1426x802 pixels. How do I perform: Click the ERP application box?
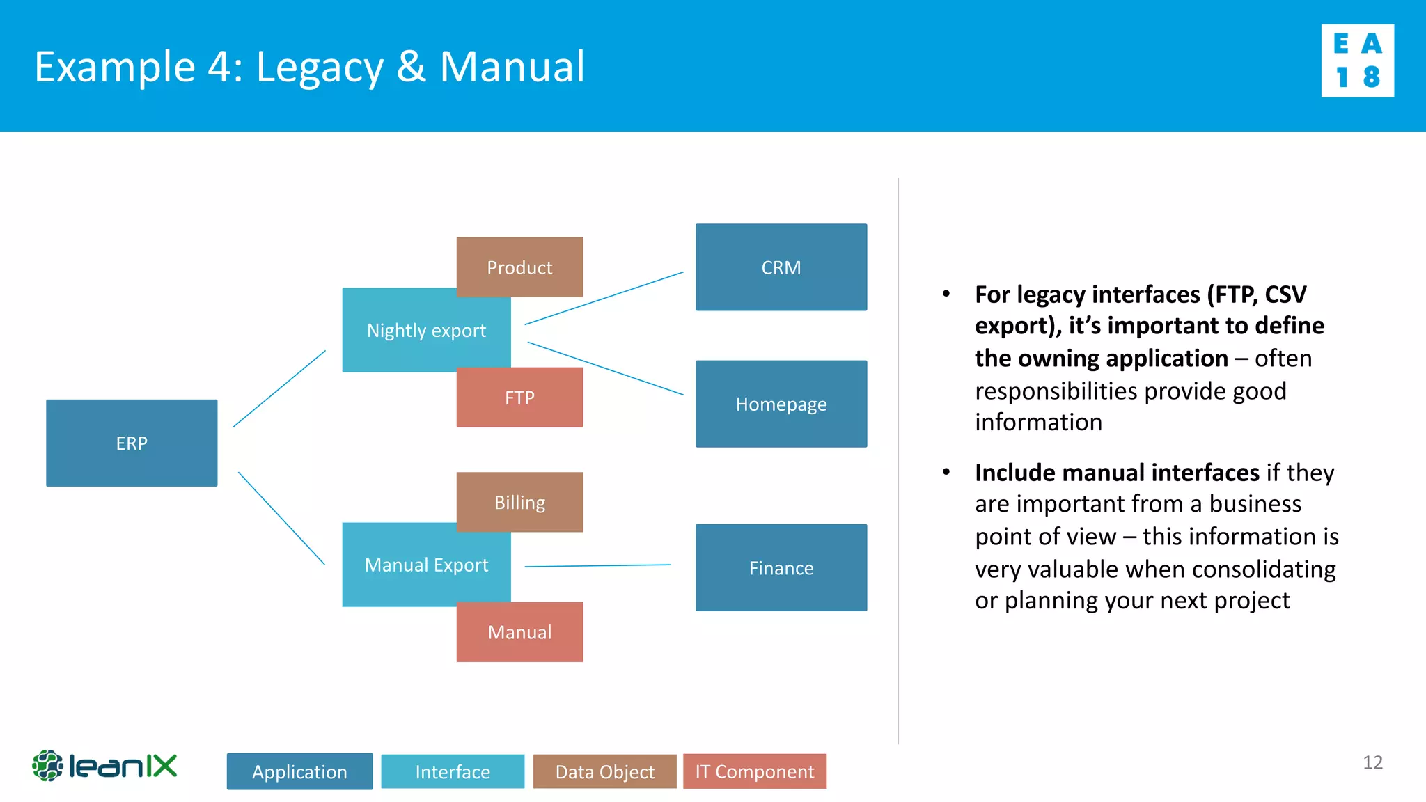(x=132, y=443)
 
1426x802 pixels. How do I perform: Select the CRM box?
(x=781, y=267)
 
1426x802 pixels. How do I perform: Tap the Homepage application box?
(x=781, y=404)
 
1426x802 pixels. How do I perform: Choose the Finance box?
(x=781, y=567)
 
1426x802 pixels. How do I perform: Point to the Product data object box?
(x=519, y=267)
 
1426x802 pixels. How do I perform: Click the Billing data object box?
(x=519, y=501)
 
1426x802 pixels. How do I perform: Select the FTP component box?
(x=519, y=398)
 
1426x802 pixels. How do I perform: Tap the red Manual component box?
(x=519, y=632)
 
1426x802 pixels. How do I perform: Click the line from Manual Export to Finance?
(x=597, y=565)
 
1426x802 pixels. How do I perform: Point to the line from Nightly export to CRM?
(x=604, y=298)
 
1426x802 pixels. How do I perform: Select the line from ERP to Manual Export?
(x=281, y=518)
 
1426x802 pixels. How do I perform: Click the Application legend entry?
(x=299, y=771)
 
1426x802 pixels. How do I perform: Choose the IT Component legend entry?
(x=755, y=771)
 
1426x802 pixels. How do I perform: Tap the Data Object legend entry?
(x=604, y=771)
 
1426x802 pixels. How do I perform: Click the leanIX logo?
(x=104, y=766)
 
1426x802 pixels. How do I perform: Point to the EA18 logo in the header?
(x=1357, y=61)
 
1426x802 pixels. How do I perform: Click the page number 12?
(x=1372, y=762)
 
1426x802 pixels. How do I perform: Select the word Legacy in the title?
(x=320, y=68)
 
